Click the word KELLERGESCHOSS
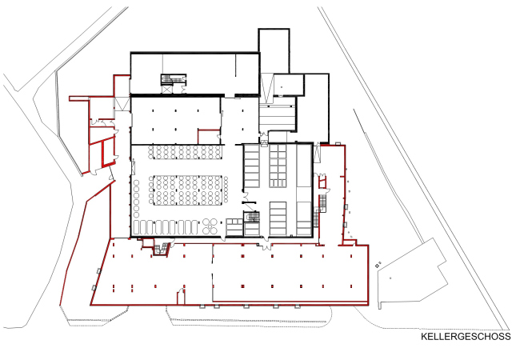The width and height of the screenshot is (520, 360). [x=466, y=337]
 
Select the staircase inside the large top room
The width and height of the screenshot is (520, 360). [x=174, y=79]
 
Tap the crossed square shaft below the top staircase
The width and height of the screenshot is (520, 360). [x=167, y=89]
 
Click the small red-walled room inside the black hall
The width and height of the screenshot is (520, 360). [x=209, y=137]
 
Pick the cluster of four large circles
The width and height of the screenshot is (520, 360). [x=210, y=226]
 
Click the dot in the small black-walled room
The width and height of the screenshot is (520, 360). [x=282, y=87]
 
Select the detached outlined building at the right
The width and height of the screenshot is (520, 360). [x=413, y=274]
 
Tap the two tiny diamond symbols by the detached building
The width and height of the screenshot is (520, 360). [x=378, y=265]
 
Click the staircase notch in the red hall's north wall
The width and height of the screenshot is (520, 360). [x=162, y=250]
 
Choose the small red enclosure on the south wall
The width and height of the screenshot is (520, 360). [x=181, y=297]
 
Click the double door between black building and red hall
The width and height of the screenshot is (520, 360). [x=266, y=246]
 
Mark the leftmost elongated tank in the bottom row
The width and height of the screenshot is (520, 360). [x=136, y=227]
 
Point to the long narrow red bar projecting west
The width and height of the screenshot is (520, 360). [x=79, y=98]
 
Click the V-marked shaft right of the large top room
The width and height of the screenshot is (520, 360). [x=266, y=85]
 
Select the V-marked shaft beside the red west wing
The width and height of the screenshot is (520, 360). [x=122, y=103]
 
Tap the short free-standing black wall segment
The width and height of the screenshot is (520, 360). [x=249, y=202]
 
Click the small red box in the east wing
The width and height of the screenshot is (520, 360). [x=322, y=182]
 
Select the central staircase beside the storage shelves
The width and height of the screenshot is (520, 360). [x=252, y=217]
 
